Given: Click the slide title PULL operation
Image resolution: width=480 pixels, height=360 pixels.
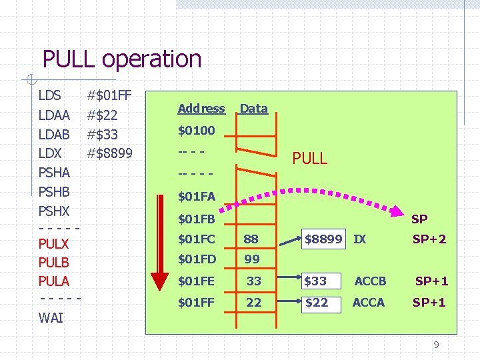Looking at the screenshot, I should pyautogui.click(x=122, y=59).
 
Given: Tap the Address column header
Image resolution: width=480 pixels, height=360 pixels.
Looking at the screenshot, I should pyautogui.click(x=201, y=109).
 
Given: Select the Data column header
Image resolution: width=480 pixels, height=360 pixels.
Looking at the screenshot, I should pyautogui.click(x=253, y=109).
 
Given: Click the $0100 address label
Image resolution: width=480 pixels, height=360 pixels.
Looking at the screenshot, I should pyautogui.click(x=196, y=131).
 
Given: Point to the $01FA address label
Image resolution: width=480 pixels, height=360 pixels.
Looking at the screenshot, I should pyautogui.click(x=196, y=197).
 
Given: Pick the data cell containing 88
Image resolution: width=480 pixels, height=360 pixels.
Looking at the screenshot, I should pyautogui.click(x=251, y=239).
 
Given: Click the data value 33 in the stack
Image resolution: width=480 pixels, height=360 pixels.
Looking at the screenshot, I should pyautogui.click(x=253, y=281).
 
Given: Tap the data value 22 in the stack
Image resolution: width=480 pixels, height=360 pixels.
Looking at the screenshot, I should pyautogui.click(x=253, y=303).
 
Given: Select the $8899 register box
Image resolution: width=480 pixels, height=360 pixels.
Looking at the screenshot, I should pyautogui.click(x=324, y=239).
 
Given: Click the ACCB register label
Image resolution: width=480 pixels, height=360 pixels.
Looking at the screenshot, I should pyautogui.click(x=370, y=281).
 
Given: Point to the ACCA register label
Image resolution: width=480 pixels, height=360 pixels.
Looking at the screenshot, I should pyautogui.click(x=368, y=303).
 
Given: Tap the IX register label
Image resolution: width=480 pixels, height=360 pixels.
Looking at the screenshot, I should pyautogui.click(x=359, y=239).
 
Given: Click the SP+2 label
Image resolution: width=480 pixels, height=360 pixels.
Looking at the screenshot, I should pyautogui.click(x=429, y=239).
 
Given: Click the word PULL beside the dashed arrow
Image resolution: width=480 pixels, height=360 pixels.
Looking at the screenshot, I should pyautogui.click(x=310, y=159).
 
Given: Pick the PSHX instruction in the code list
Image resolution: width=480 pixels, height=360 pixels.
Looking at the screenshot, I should pyautogui.click(x=55, y=211).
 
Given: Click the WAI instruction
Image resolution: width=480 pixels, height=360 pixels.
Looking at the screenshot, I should pyautogui.click(x=51, y=318).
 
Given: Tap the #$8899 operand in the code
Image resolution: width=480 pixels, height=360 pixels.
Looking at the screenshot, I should pyautogui.click(x=110, y=154).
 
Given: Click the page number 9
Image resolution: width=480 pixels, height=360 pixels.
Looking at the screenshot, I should pyautogui.click(x=436, y=345).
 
